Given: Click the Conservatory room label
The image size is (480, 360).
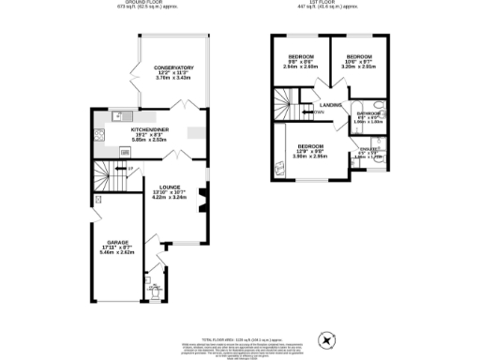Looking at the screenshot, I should pos(173,68).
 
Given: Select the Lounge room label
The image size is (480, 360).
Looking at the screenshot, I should pos(170,186).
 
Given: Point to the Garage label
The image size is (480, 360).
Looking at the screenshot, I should pos(117,242).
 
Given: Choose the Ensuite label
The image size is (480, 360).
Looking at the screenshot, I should pos(368,150).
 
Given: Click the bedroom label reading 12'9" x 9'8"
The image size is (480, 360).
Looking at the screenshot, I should pos(310,147).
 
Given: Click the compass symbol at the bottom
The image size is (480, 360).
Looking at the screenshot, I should pos(327,340).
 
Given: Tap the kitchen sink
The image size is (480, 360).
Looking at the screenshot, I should pos(117,117).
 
